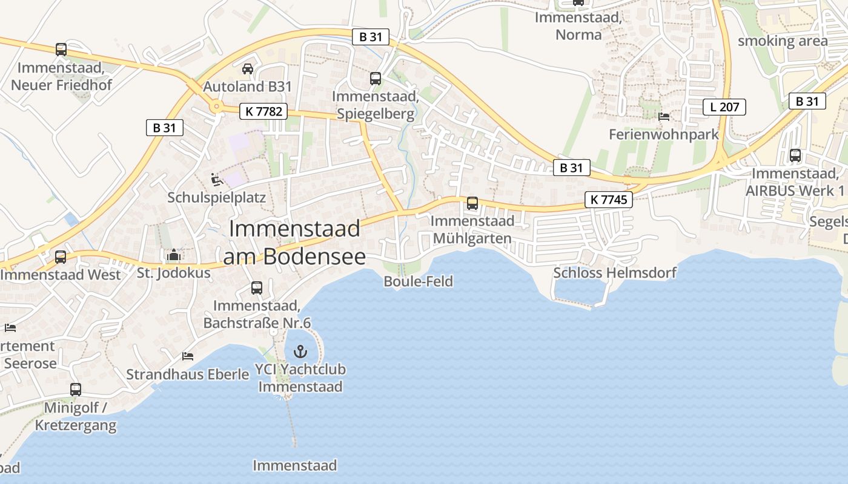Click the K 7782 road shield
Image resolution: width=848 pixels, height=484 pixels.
pyautogui.click(x=264, y=111)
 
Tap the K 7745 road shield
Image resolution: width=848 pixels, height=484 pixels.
pyautogui.click(x=608, y=200)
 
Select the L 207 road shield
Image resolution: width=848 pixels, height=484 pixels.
pyautogui.click(x=724, y=108)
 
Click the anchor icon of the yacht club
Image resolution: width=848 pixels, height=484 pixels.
pyautogui.click(x=300, y=351)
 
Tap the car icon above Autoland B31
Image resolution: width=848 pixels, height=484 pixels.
pyautogui.click(x=248, y=69)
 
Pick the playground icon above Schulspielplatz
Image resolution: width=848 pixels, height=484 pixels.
pyautogui.click(x=216, y=180)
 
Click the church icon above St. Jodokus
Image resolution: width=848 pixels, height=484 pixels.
pyautogui.click(x=174, y=255)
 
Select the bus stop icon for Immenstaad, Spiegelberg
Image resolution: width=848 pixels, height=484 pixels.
pyautogui.click(x=376, y=79)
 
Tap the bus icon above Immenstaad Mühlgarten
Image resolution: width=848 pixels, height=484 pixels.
pyautogui.click(x=472, y=203)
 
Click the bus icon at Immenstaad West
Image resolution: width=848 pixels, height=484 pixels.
pyautogui.click(x=61, y=257)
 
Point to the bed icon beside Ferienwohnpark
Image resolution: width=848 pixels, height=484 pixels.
pyautogui.click(x=664, y=116)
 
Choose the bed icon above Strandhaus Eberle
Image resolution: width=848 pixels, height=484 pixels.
pyautogui.click(x=188, y=356)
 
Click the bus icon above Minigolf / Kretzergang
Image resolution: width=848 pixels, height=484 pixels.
pyautogui.click(x=76, y=390)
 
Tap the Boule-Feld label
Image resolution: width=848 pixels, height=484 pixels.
pyautogui.click(x=418, y=281)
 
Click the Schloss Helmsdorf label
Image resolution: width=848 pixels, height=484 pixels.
pyautogui.click(x=614, y=273)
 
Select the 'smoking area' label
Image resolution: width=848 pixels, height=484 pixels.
pyautogui.click(x=782, y=41)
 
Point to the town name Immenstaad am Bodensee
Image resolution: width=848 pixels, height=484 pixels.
pyautogui.click(x=294, y=242)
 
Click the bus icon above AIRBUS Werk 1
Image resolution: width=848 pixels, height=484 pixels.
pyautogui.click(x=795, y=155)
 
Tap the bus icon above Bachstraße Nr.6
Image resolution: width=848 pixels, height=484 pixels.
pyautogui.click(x=257, y=288)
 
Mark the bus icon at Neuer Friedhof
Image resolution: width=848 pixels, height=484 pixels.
pyautogui.click(x=61, y=50)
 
